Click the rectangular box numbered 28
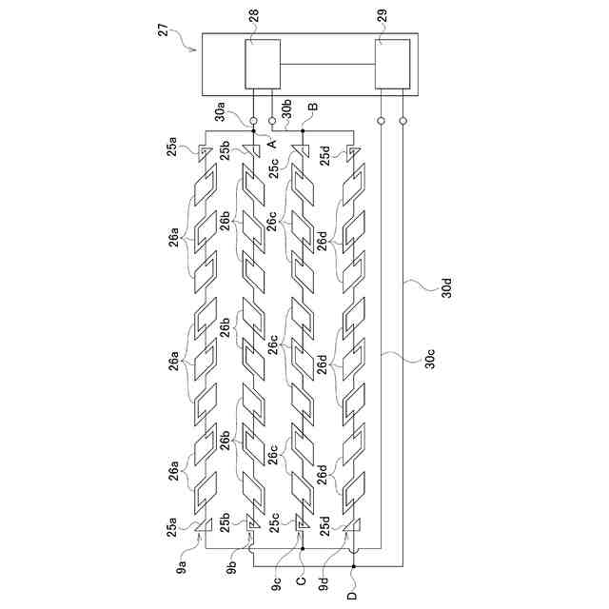click(263, 65)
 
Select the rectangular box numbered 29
click(393, 65)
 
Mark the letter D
click(354, 595)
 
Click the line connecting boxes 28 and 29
click(327, 65)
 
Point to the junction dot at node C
click(302, 549)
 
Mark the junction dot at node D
click(354, 566)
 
